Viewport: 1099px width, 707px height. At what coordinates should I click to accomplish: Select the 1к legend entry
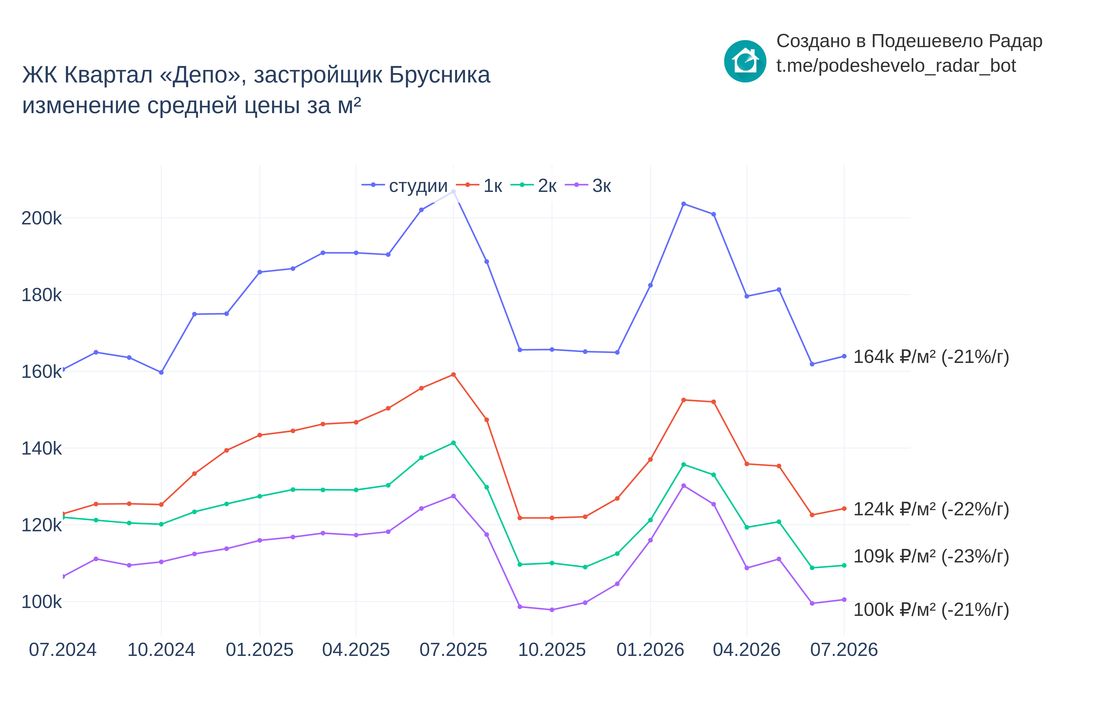[479, 185]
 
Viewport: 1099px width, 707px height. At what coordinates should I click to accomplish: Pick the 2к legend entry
[534, 185]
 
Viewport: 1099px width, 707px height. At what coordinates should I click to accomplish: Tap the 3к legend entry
[588, 185]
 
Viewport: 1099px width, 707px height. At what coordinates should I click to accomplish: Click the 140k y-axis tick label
[41, 449]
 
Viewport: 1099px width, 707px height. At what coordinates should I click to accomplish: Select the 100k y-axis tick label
[41, 602]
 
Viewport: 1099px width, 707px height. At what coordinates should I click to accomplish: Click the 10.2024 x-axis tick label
[161, 650]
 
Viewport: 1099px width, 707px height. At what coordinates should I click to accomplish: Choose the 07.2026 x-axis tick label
[844, 650]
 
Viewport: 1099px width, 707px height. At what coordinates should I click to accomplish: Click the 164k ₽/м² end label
[931, 357]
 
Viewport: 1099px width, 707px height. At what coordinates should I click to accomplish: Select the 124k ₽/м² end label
[931, 509]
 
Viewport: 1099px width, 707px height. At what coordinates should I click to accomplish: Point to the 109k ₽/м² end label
[931, 556]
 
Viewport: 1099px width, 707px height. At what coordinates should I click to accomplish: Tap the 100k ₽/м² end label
[931, 610]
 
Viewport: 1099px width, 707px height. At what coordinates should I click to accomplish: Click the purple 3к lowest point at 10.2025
[552, 610]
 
